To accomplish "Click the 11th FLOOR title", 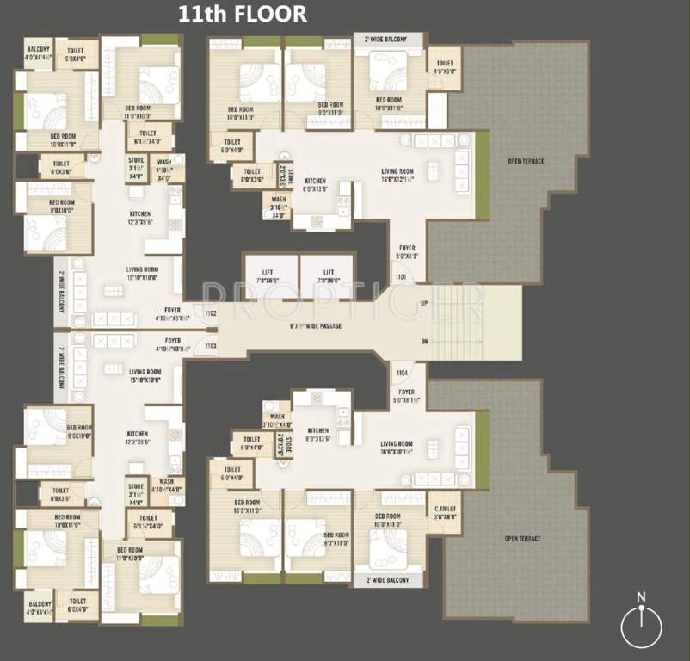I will (x=242, y=15).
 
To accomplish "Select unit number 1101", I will (x=401, y=277).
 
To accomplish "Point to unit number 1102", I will (x=211, y=314).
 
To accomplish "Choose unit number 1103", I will (x=211, y=345).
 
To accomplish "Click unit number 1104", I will (x=401, y=373).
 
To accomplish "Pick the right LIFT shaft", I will (x=327, y=275).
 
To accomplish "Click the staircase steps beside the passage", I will (x=473, y=323).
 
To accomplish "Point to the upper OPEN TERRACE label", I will (x=526, y=161).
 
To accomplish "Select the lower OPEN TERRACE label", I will (x=523, y=539).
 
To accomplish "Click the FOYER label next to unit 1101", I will (x=406, y=251).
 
